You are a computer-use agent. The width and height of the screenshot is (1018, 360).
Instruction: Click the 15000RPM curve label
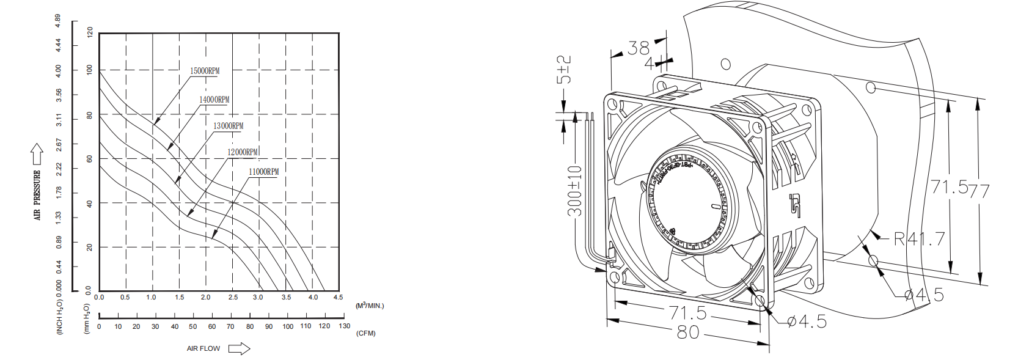click(x=205, y=71)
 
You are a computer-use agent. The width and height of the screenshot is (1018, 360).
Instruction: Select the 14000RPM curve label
click(x=214, y=100)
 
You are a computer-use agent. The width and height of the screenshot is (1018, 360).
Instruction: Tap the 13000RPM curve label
click(x=228, y=126)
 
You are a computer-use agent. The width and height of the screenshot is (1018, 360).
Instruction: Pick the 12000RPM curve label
click(x=243, y=152)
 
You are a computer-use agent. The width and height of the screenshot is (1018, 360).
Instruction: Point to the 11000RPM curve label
click(x=263, y=172)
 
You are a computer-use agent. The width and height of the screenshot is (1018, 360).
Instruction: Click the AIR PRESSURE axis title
click(x=37, y=195)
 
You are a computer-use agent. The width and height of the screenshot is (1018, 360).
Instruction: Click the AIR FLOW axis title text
click(x=203, y=348)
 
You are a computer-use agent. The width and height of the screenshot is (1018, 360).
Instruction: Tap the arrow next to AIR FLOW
click(x=239, y=348)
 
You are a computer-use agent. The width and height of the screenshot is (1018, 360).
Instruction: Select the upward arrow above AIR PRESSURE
click(x=37, y=153)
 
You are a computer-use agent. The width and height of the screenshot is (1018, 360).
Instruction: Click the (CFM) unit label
click(x=366, y=333)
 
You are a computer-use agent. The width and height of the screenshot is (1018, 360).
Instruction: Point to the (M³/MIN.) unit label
click(x=370, y=305)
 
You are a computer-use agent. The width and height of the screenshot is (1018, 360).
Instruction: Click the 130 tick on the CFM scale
click(x=345, y=326)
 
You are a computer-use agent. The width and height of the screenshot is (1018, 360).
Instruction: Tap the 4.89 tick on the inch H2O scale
click(x=58, y=21)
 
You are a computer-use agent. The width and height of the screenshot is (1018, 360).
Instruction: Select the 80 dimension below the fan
click(x=688, y=332)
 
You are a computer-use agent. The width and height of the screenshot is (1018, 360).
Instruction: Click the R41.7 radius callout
click(x=920, y=239)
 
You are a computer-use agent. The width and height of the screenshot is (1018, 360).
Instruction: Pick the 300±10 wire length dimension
click(x=575, y=190)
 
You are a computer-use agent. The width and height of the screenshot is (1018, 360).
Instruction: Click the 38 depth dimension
click(x=639, y=48)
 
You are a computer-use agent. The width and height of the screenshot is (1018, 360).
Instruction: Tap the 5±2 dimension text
click(x=564, y=70)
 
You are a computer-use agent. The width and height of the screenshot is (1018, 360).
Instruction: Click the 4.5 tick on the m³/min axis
click(x=338, y=298)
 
